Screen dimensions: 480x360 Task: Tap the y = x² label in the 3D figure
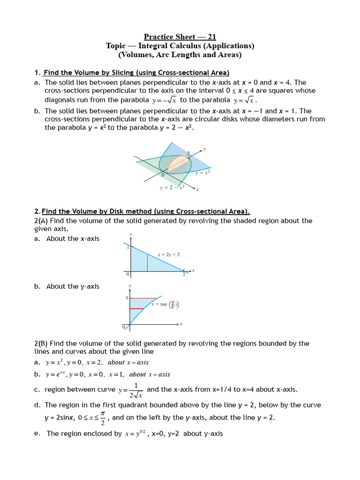click(202, 172)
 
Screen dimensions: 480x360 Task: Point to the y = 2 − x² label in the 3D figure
click(172, 187)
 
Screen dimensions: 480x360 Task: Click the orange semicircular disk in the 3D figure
click(179, 164)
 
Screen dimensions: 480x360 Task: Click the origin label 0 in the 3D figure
click(162, 174)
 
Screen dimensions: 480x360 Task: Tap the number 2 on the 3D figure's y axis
click(188, 153)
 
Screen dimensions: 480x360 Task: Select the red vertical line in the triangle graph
click(148, 262)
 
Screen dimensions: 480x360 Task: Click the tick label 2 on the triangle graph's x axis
click(184, 275)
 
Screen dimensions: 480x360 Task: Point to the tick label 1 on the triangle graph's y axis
click(127, 247)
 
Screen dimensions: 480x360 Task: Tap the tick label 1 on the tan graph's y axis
click(127, 298)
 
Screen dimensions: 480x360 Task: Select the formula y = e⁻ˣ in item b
click(55, 375)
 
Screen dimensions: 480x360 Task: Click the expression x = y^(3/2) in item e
click(136, 434)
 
